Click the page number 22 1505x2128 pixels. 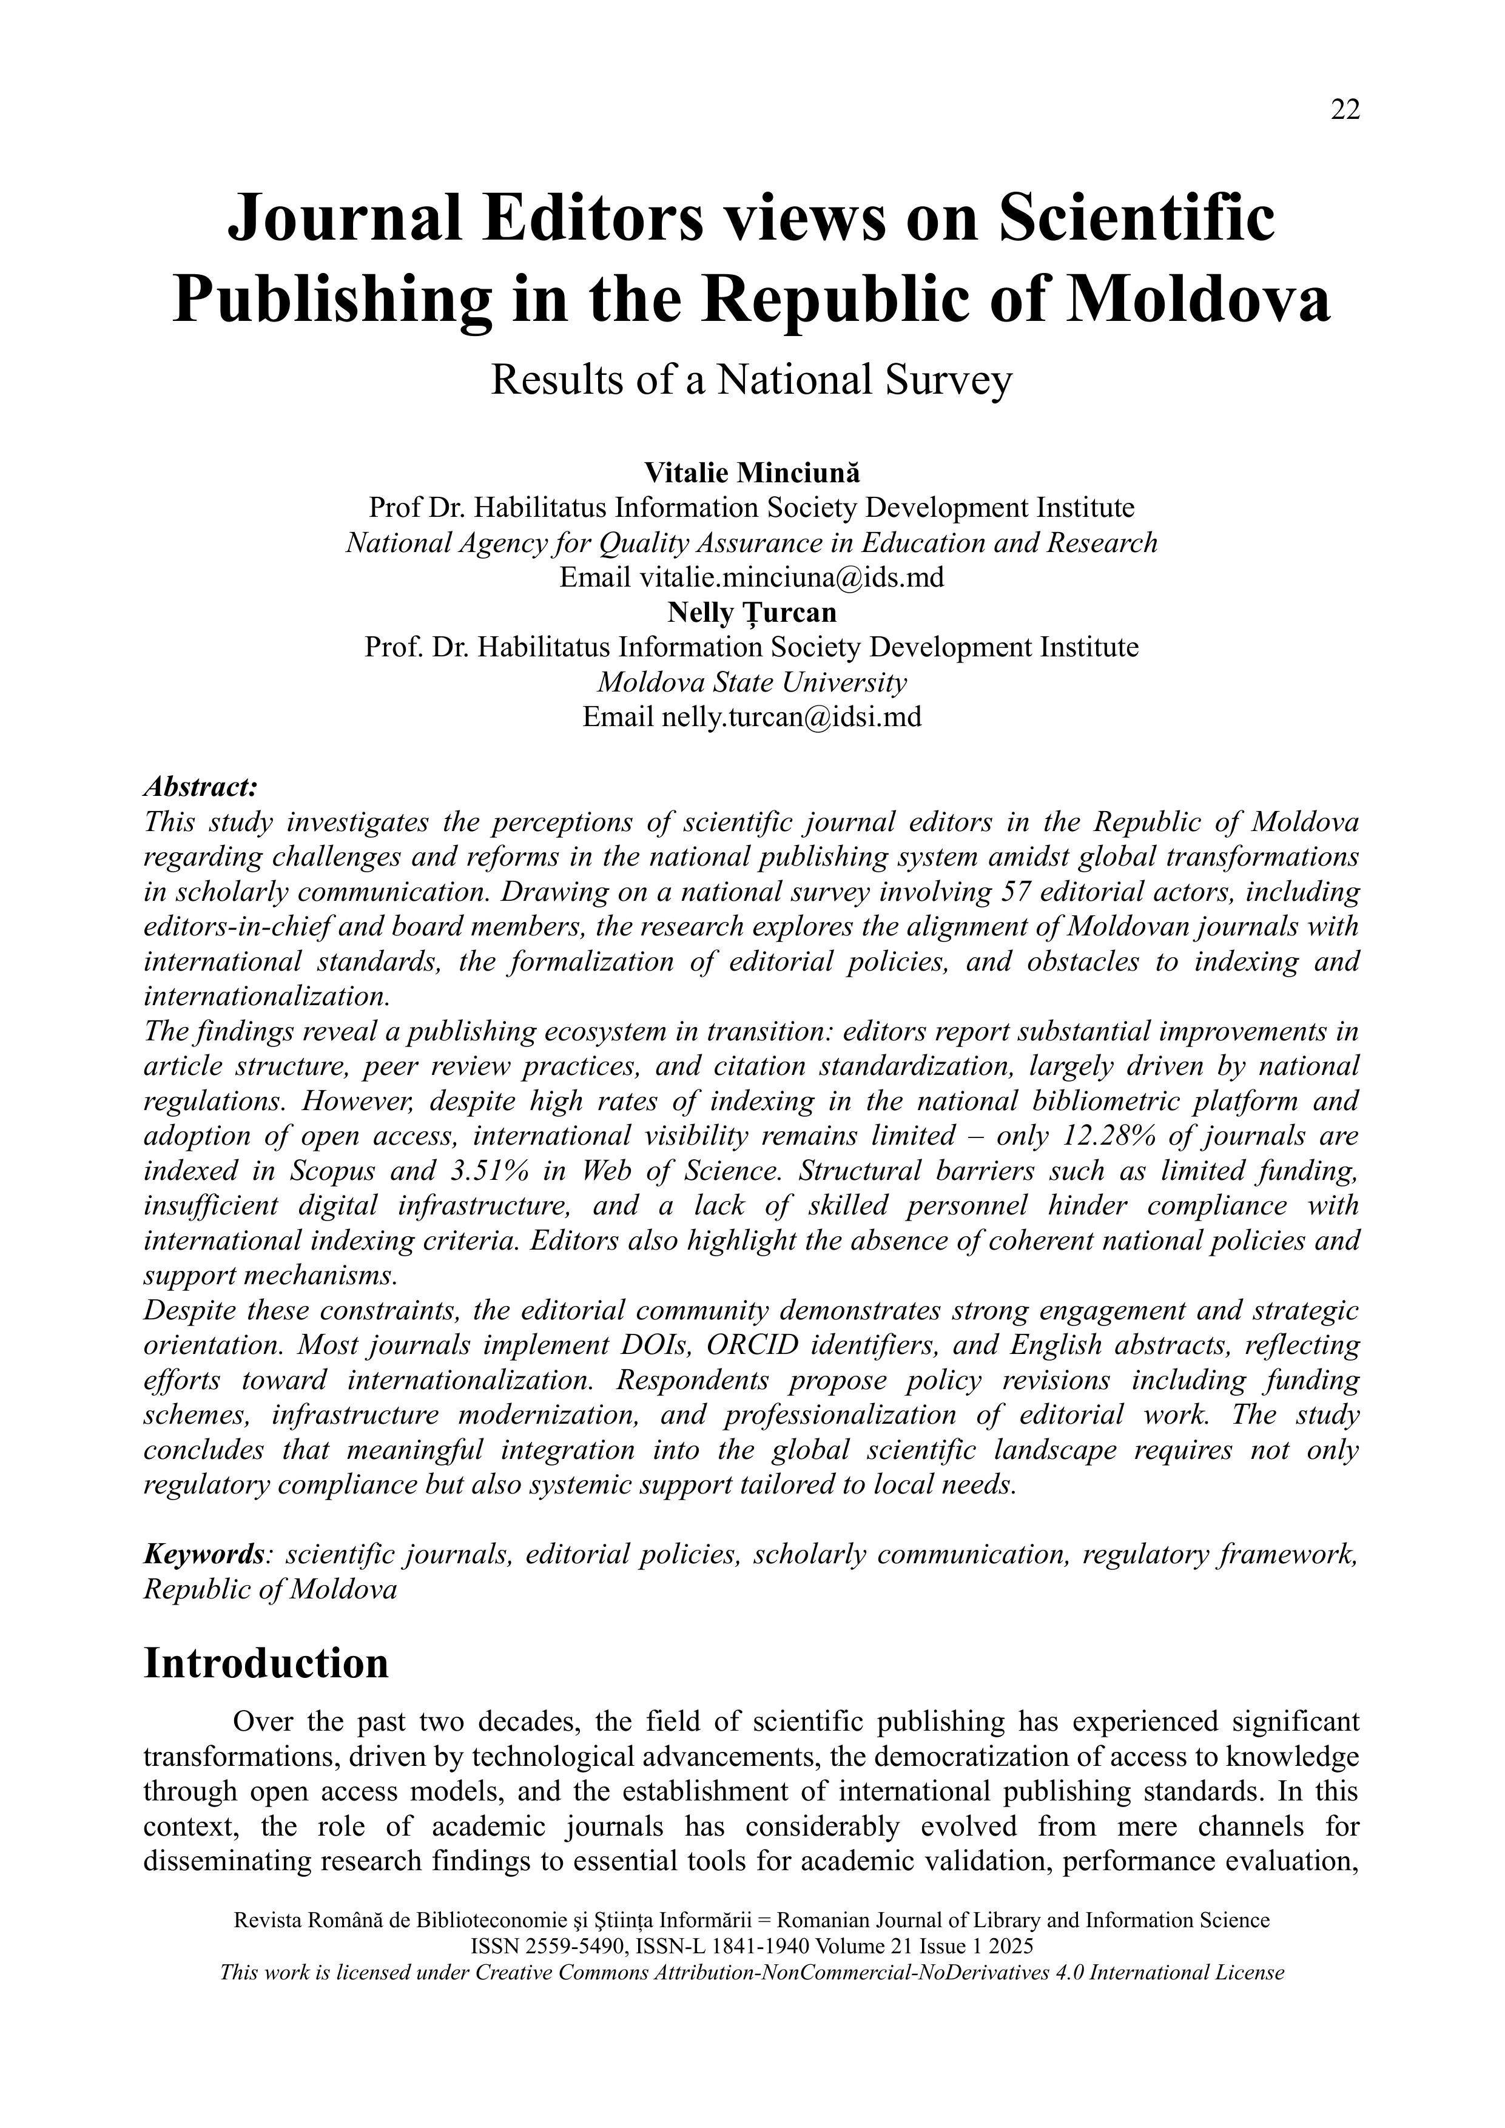pos(1345,110)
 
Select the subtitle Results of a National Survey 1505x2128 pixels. pos(752,379)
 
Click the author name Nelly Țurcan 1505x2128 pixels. pos(752,613)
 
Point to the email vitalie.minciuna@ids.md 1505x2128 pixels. pos(792,577)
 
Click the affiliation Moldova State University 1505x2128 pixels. pos(752,682)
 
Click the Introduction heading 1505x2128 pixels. pos(266,1663)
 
